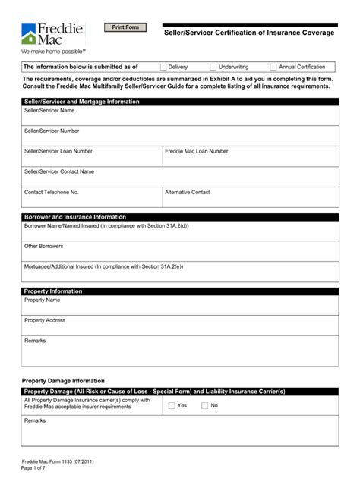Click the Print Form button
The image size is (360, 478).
(x=125, y=27)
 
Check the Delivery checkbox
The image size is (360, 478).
(x=163, y=67)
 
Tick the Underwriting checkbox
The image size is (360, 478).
(x=213, y=67)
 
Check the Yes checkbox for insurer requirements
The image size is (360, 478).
(x=171, y=405)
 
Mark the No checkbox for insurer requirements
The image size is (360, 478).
(x=204, y=405)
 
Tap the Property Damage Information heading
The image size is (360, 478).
(x=63, y=380)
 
